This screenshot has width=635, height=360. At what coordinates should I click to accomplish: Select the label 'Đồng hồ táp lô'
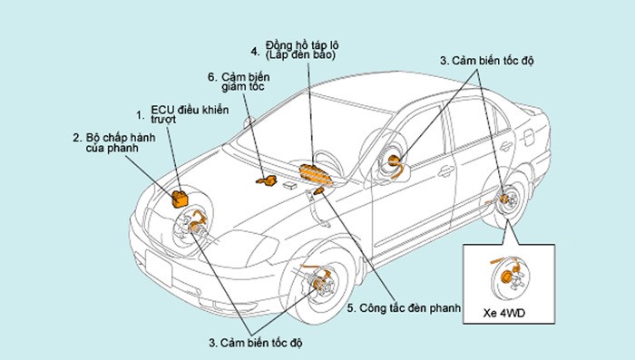tap(302, 45)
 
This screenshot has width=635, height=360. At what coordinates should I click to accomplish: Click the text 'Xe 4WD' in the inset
tap(503, 313)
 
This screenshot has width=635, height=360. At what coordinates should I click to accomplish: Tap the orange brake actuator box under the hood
tap(181, 199)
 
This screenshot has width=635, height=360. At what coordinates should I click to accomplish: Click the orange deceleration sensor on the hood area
tap(267, 180)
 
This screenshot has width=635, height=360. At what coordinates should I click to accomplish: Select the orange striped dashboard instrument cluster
tap(316, 174)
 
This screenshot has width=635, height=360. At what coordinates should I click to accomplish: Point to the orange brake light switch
tap(319, 190)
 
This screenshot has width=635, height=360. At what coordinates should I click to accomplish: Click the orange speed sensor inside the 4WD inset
tap(506, 277)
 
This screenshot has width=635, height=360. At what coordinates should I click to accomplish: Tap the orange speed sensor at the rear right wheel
tap(503, 199)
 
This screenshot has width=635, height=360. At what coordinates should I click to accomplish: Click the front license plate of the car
tap(159, 268)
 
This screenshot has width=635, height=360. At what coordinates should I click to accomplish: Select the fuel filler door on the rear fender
tap(529, 137)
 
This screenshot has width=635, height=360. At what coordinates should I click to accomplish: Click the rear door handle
tap(506, 146)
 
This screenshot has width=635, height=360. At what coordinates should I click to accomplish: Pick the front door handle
tap(446, 171)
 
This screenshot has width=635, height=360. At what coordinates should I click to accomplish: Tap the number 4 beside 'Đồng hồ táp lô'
tap(255, 52)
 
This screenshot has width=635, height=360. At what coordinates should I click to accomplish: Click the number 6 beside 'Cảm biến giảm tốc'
tap(212, 77)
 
